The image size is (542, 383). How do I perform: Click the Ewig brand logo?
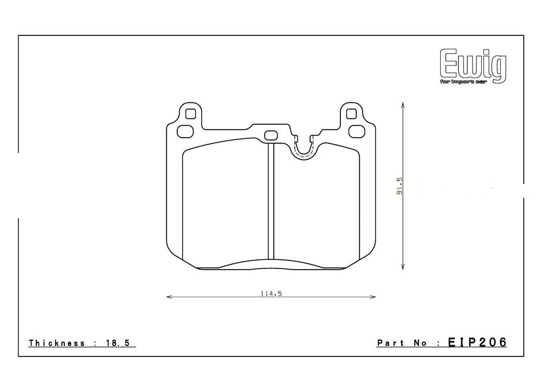point(473,65)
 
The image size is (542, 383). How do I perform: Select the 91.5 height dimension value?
point(399,186)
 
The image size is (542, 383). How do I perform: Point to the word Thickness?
point(57,343)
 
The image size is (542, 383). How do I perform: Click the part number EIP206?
point(477,342)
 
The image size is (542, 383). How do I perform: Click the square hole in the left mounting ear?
point(190,114)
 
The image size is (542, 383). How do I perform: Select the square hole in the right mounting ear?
point(351,114)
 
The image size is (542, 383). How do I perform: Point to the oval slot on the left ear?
point(185,130)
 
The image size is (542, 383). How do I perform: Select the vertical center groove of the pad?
point(272,203)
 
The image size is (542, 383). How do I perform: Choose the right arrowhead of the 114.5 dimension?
point(373,297)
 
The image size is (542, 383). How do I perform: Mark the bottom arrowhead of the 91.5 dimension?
point(402,267)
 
